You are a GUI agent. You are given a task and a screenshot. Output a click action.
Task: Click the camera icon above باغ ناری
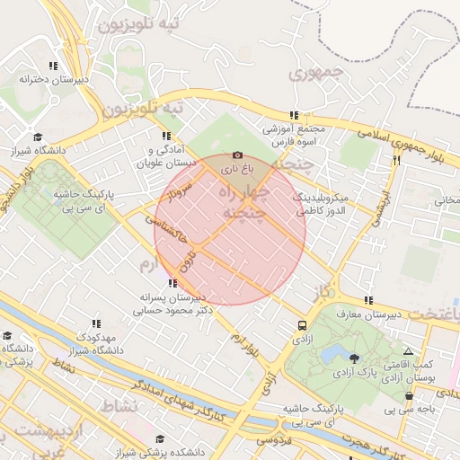click(x=237, y=155)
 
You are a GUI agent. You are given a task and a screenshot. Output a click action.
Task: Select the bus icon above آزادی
click(x=302, y=325)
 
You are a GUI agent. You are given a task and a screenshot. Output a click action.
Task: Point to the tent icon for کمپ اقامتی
click(x=408, y=353)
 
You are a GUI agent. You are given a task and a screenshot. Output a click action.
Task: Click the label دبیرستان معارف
click(x=369, y=314)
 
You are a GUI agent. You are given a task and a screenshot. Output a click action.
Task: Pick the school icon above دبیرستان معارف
click(x=367, y=301)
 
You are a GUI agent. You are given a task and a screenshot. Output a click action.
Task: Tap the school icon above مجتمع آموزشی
click(x=294, y=115)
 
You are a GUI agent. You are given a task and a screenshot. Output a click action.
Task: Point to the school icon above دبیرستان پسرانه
click(x=172, y=283)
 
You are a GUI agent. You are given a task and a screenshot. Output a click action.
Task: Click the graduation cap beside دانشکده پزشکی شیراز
click(x=160, y=439)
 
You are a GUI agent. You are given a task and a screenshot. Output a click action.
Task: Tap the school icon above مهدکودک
click(x=94, y=323)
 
